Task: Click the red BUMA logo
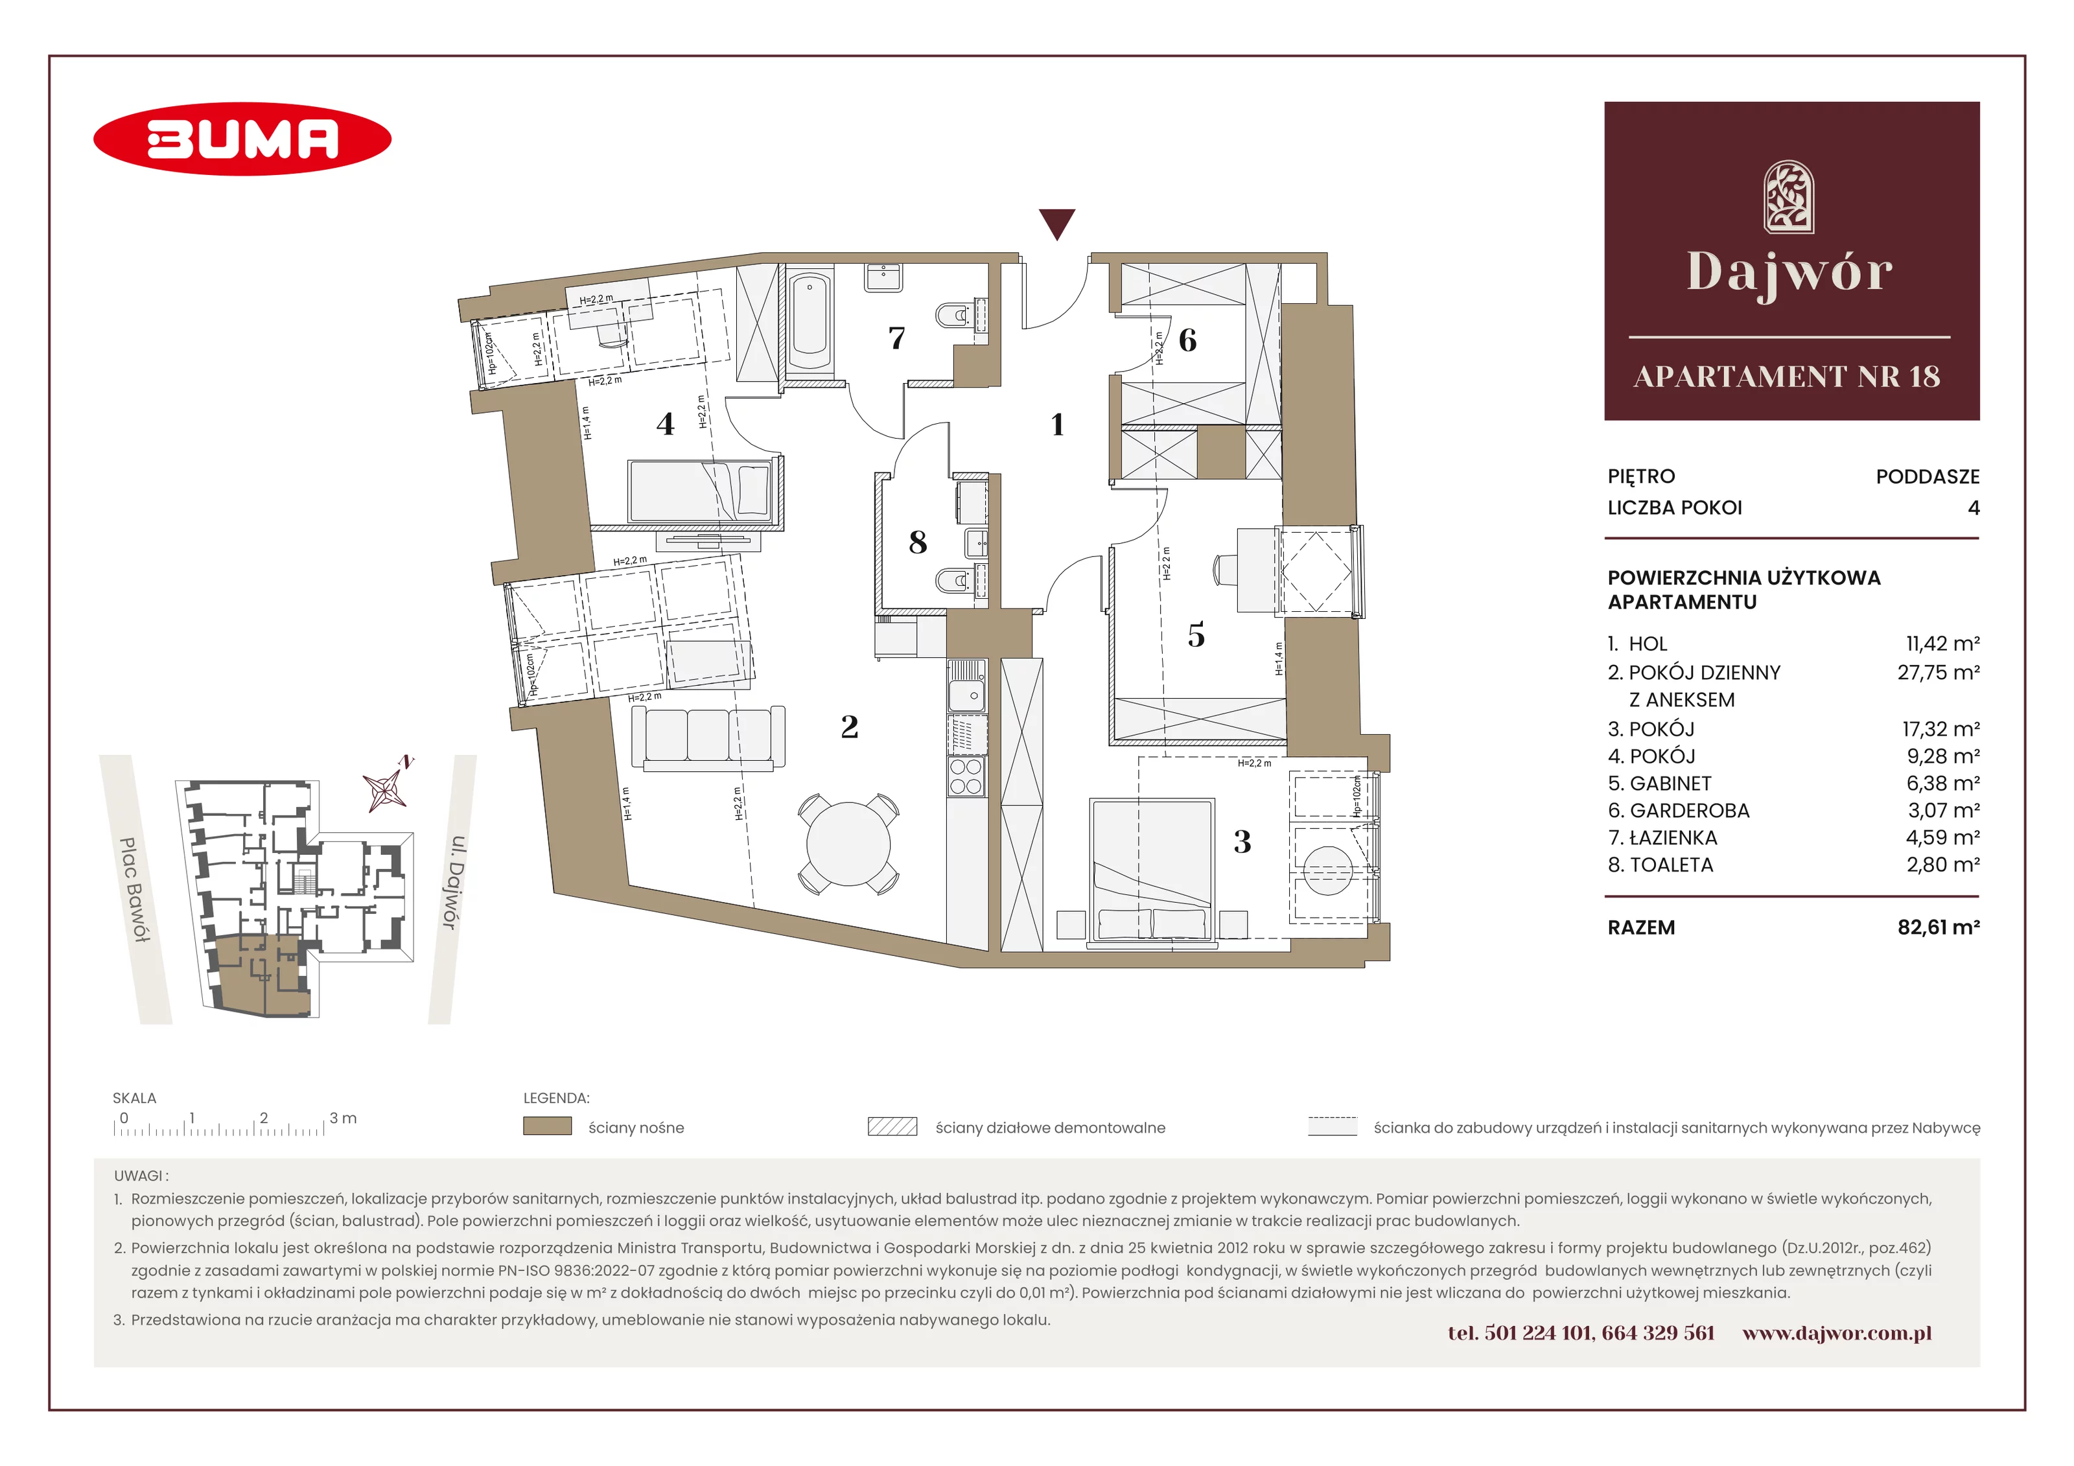tap(242, 139)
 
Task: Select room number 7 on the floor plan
tap(896, 338)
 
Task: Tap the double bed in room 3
tap(1152, 872)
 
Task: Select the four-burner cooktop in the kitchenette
tap(966, 776)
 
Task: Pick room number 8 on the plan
tap(918, 542)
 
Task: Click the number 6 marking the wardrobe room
tap(1188, 340)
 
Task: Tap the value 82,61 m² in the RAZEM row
tap(1939, 927)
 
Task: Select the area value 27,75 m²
tap(1939, 673)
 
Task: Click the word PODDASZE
tap(1928, 477)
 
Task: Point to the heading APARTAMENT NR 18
tap(1787, 377)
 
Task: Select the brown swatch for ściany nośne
tap(548, 1126)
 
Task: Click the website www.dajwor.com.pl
tap(1837, 1333)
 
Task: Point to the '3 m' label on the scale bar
tap(344, 1118)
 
